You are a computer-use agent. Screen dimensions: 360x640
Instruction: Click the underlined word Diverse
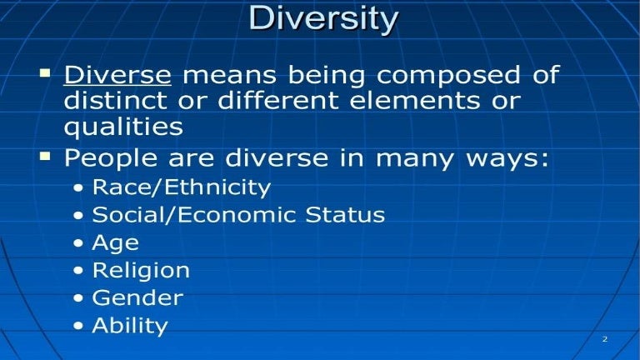117,76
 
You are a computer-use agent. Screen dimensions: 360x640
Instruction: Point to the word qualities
123,127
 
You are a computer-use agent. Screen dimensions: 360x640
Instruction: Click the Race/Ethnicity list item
181,187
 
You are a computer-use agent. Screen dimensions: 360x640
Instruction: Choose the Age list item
115,243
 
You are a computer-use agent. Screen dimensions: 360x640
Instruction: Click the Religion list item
140,271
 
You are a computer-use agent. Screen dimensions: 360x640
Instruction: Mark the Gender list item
137,297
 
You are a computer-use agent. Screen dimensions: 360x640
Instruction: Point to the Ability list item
129,326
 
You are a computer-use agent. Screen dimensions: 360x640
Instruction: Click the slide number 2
604,339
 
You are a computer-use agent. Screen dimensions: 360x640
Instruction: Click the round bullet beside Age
78,244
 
